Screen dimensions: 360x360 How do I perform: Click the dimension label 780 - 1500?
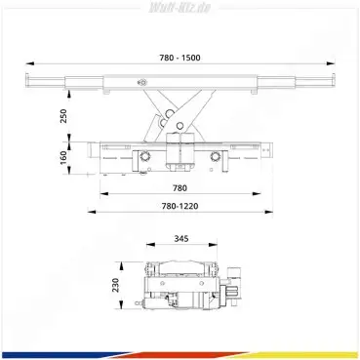(x=180, y=58)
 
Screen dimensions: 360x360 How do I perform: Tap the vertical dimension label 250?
(x=63, y=116)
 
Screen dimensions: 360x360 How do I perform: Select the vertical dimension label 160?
(x=63, y=157)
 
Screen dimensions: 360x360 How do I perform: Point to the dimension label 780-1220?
(x=180, y=206)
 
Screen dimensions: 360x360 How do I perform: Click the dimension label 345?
(x=181, y=239)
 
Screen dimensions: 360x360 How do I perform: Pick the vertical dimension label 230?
(x=116, y=285)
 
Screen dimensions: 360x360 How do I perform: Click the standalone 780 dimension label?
(x=180, y=188)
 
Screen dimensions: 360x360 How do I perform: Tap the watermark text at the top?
(x=180, y=8)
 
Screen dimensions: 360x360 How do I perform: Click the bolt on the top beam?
(x=141, y=83)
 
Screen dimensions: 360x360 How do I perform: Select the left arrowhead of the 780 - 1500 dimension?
(x=30, y=63)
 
